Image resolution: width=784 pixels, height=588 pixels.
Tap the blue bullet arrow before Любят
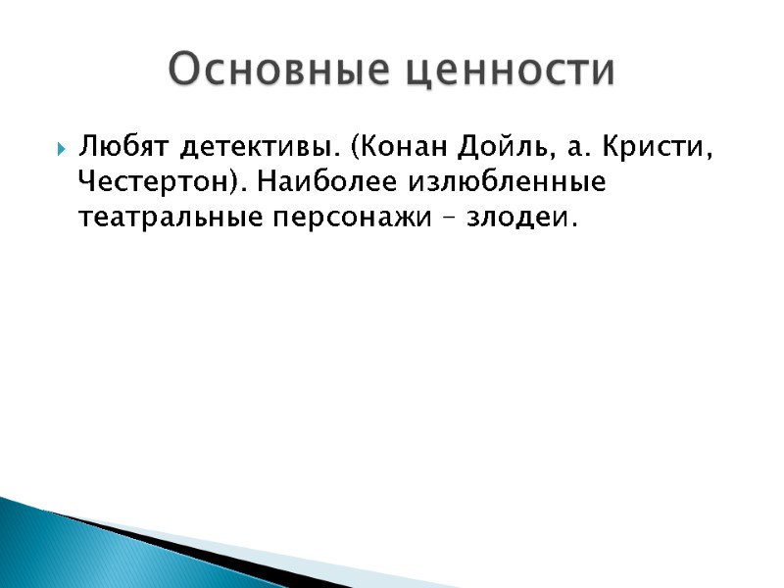(60, 152)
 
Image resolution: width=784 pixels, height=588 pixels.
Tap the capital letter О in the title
(183, 71)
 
